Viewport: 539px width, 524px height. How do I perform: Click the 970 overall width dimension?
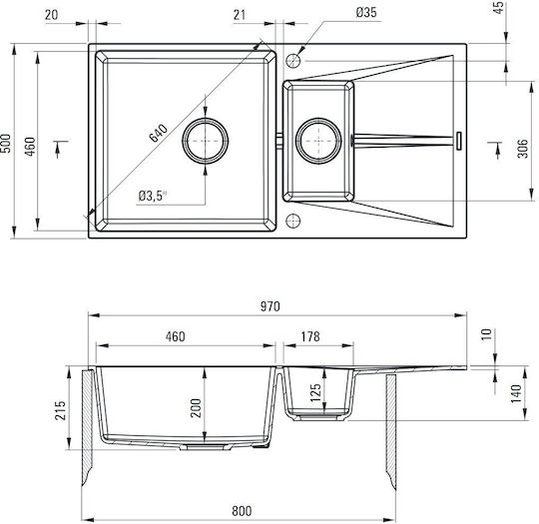(x=269, y=306)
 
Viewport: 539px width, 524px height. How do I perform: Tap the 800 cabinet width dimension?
(x=242, y=511)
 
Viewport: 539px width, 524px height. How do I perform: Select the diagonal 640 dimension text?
(x=159, y=133)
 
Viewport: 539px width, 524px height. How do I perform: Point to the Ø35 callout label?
(x=366, y=13)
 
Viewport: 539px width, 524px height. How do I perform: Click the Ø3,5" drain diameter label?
(x=153, y=196)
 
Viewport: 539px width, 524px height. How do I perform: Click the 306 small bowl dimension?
(x=522, y=148)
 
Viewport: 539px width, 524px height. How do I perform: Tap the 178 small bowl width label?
(x=310, y=336)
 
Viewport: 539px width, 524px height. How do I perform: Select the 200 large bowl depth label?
(x=196, y=408)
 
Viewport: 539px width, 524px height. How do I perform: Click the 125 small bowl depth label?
(x=315, y=392)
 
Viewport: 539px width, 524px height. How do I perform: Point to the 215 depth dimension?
(x=60, y=410)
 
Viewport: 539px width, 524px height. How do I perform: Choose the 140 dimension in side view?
(x=516, y=394)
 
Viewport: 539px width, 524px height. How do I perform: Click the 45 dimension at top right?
(x=499, y=8)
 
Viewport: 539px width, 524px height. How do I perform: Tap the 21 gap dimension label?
(x=240, y=15)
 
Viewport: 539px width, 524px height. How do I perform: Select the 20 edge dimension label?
(x=52, y=15)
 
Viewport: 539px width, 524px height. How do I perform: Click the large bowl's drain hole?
(x=206, y=141)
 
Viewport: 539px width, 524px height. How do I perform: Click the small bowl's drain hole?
(x=318, y=141)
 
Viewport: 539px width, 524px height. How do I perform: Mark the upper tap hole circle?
(x=293, y=61)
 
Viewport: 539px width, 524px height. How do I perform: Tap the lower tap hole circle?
(x=293, y=221)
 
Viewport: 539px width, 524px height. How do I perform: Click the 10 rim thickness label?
(x=486, y=334)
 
